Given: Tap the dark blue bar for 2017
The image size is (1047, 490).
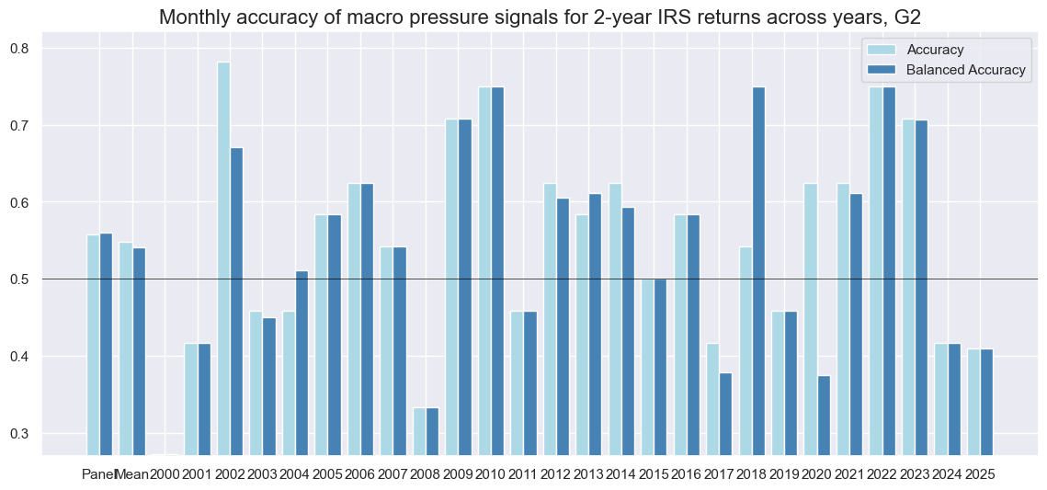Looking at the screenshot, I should pyautogui.click(x=726, y=414).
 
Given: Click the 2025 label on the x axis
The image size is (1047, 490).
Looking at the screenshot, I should pyautogui.click(x=980, y=474).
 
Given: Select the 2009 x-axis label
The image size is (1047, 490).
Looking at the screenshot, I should pyautogui.click(x=458, y=474).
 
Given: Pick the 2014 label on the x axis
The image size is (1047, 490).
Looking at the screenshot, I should pyautogui.click(x=621, y=474).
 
